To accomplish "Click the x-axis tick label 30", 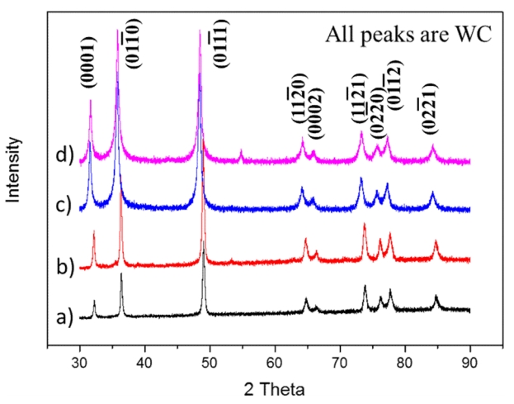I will pos(80,361).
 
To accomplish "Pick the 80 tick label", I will pos(405,361).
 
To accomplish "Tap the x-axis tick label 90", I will pos(470,361).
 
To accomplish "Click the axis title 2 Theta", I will pos(275,387).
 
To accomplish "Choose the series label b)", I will pos(64,266).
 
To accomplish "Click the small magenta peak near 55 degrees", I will pos(241,151).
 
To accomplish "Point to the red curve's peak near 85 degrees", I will pos(436,242).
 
